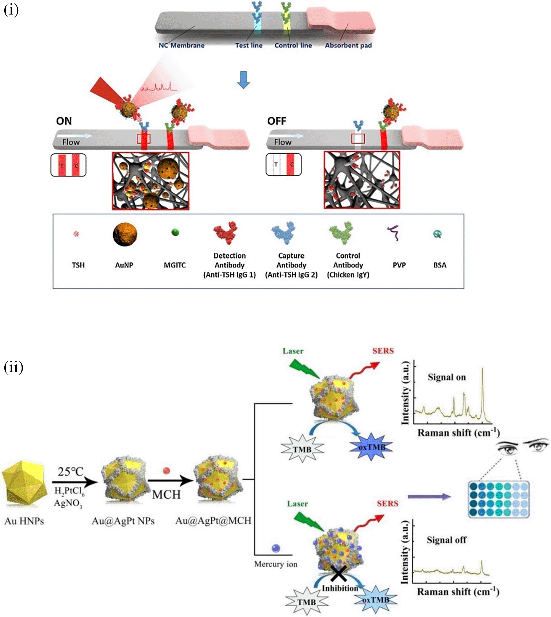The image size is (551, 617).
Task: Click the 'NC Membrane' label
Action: tap(181, 45)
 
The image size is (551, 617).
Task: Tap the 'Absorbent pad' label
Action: tap(348, 45)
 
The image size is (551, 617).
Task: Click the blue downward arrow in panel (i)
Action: tap(244, 80)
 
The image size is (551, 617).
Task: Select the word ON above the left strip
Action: tap(64, 121)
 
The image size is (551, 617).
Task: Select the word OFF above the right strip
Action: tap(276, 121)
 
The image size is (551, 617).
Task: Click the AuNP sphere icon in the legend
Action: tap(125, 234)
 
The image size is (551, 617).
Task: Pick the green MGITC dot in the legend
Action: tap(175, 232)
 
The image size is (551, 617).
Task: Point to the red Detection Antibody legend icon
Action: tap(226, 232)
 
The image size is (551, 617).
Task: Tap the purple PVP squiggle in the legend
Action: tap(394, 233)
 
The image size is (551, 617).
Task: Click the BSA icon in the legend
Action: tap(437, 234)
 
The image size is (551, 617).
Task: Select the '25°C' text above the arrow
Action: tap(70, 471)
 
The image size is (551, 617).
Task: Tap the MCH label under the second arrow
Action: tap(166, 495)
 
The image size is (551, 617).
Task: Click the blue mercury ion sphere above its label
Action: tap(276, 548)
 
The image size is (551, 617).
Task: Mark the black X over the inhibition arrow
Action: tap(338, 574)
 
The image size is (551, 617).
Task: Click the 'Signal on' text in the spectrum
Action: tap(447, 377)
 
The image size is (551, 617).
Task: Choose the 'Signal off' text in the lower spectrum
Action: tap(446, 540)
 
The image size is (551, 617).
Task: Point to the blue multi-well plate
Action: tap(498, 499)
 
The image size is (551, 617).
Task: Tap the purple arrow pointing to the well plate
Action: tap(429, 497)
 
